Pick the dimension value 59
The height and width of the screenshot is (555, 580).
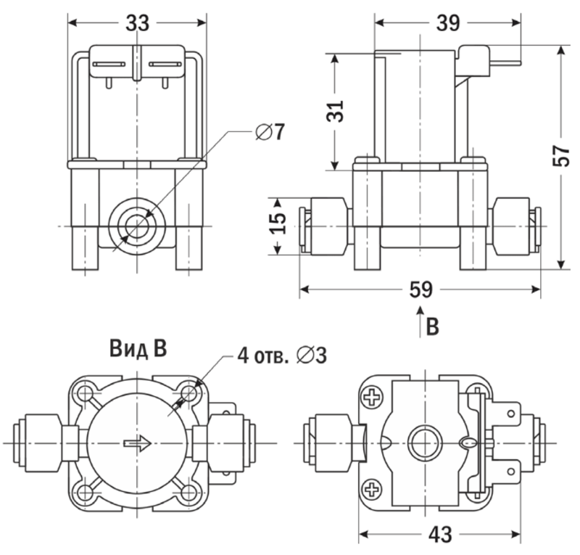tap(420, 289)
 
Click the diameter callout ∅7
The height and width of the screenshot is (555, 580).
tap(270, 132)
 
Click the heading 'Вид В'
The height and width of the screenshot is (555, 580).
tap(138, 349)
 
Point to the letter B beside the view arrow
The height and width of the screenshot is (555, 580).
tap(432, 327)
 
